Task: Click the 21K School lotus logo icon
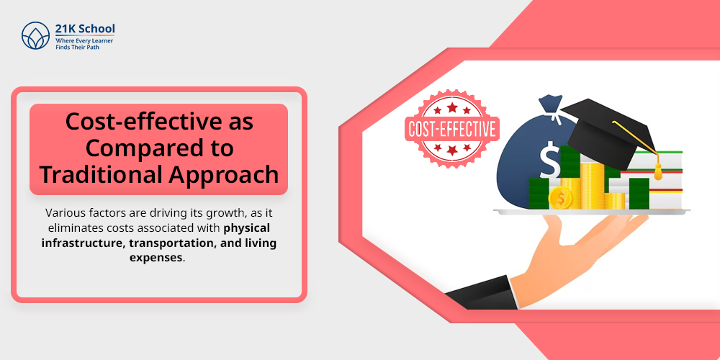[35, 35]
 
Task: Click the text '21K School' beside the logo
[85, 29]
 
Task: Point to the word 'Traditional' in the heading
[96, 174]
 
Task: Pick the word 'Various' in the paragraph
[67, 213]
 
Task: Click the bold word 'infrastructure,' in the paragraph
[86, 243]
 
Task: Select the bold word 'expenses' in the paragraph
[160, 257]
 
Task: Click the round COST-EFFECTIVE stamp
[452, 129]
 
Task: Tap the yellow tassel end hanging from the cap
[657, 173]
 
